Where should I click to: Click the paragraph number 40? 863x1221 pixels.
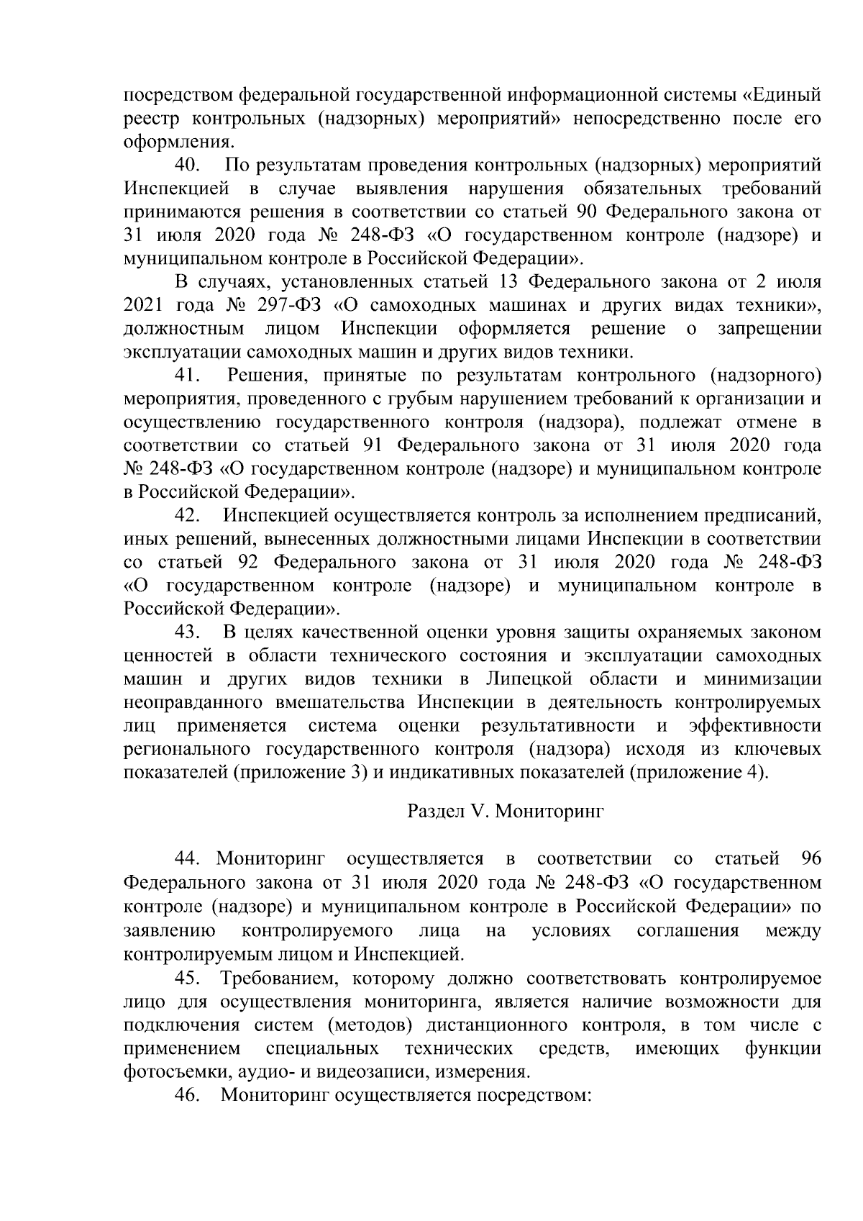point(188,165)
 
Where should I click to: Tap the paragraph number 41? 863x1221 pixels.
point(188,376)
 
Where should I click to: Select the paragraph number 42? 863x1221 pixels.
point(188,516)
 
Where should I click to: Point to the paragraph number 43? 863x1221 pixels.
point(188,632)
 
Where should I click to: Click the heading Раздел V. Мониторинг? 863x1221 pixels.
point(506,812)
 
